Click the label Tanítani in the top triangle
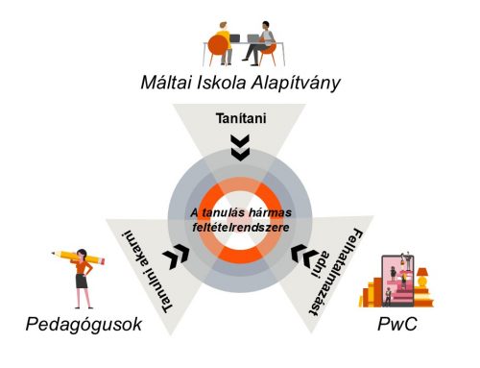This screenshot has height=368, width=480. click(240, 119)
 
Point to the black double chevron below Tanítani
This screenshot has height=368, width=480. click(240, 147)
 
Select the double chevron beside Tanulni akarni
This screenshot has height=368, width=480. click(176, 256)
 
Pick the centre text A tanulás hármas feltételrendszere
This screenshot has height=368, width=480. click(239, 218)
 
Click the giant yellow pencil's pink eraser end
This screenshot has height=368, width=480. click(54, 256)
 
